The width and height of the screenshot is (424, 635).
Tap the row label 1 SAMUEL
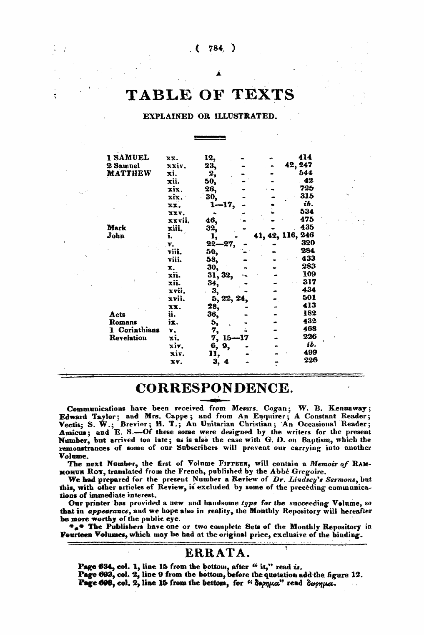(x=128, y=158)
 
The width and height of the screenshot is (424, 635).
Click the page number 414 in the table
(x=306, y=158)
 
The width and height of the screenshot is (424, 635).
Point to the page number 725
(x=307, y=189)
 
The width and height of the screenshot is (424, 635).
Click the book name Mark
(x=117, y=228)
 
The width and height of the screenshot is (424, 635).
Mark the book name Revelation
(x=128, y=338)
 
